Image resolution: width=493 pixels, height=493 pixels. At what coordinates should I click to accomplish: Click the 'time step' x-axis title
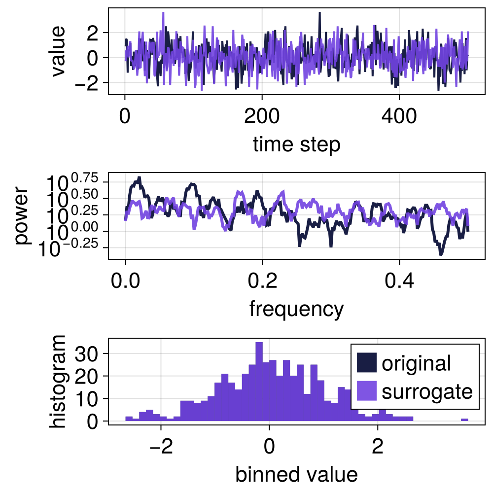click(296, 145)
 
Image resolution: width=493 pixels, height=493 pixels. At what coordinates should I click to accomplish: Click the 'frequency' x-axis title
click(296, 309)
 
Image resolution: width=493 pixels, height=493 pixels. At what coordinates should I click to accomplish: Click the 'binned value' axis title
click(296, 474)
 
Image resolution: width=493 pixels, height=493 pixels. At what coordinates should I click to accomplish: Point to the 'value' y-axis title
click(58, 51)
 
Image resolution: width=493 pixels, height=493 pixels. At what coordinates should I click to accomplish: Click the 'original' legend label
click(416, 363)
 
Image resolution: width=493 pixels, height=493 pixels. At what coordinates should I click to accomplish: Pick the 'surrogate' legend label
click(427, 391)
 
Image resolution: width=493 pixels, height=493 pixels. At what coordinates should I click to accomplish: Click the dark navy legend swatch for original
click(367, 363)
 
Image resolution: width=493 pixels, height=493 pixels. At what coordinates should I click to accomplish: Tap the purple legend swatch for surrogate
click(367, 391)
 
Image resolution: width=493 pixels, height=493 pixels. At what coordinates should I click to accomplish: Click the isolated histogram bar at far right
click(464, 420)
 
